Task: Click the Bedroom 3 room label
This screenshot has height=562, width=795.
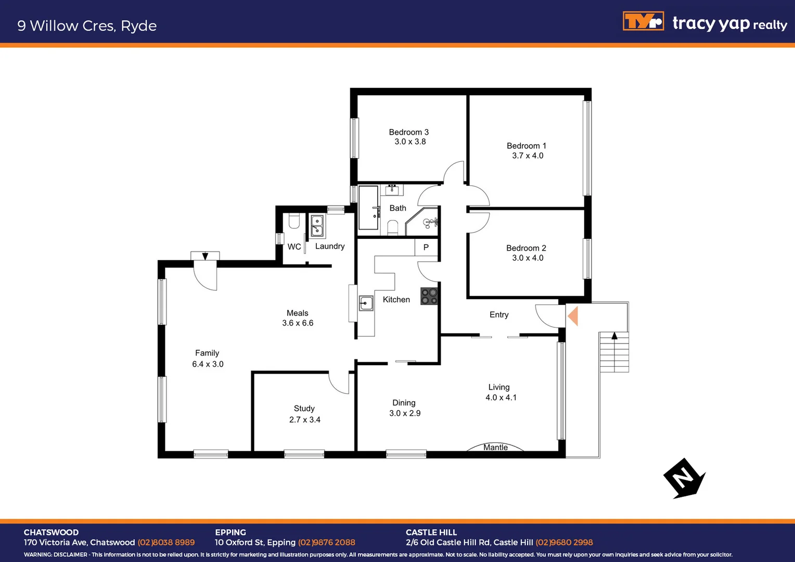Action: click(x=408, y=132)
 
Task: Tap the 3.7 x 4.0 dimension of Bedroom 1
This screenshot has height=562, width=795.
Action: click(x=528, y=156)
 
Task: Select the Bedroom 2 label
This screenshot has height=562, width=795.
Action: click(x=526, y=248)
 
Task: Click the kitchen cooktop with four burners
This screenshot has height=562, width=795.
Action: click(x=429, y=297)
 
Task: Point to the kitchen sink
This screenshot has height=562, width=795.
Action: click(x=366, y=303)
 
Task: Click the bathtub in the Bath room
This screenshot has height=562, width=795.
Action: click(x=369, y=208)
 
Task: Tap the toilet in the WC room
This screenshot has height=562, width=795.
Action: click(x=294, y=222)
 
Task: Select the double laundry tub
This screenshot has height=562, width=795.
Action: click(x=317, y=226)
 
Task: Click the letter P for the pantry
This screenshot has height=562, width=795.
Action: click(x=426, y=248)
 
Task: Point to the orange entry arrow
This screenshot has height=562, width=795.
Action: click(x=573, y=316)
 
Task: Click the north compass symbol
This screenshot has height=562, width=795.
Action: click(x=684, y=478)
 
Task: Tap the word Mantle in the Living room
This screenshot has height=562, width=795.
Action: click(x=495, y=448)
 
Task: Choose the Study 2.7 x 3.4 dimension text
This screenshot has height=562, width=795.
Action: click(x=305, y=419)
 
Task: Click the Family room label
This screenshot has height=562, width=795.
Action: click(x=207, y=353)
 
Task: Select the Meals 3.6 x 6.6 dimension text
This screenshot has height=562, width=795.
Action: click(x=298, y=323)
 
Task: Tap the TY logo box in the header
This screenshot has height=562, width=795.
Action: click(x=643, y=21)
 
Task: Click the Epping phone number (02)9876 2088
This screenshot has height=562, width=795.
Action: click(x=326, y=542)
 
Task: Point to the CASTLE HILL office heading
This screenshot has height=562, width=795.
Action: click(x=431, y=532)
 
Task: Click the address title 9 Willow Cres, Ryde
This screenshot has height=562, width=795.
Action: click(x=87, y=26)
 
